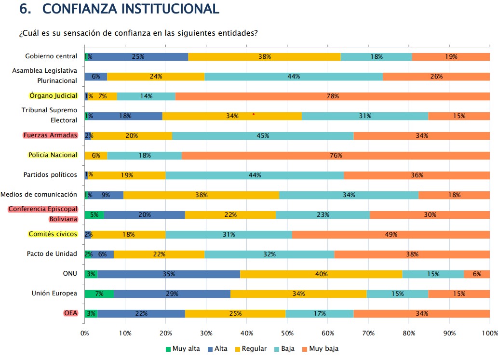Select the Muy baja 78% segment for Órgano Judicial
click(x=332, y=96)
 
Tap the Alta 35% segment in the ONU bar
click(x=169, y=274)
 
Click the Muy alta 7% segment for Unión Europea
click(x=99, y=293)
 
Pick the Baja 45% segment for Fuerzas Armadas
click(x=263, y=135)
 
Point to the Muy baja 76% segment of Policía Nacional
click(x=336, y=155)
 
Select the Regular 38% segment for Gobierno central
click(x=264, y=56)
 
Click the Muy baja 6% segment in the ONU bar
click(x=477, y=274)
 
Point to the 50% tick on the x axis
click(x=287, y=333)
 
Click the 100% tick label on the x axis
click(x=489, y=333)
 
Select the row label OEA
click(x=71, y=313)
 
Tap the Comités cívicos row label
click(x=53, y=234)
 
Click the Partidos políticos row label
click(x=50, y=174)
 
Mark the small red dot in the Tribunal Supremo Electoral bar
click(x=254, y=114)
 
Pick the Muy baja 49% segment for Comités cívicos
click(x=391, y=234)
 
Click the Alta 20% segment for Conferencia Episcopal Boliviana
click(x=144, y=214)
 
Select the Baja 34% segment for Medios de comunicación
click(x=349, y=195)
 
